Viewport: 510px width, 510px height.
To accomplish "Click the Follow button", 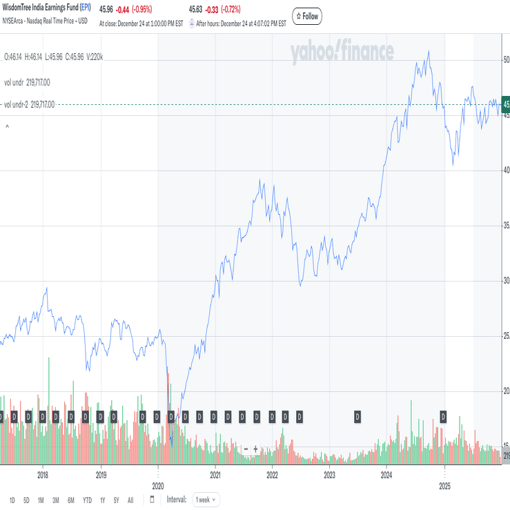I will click(x=307, y=16).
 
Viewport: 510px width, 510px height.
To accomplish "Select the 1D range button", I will click(x=12, y=500).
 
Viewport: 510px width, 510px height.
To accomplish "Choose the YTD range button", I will click(x=87, y=500).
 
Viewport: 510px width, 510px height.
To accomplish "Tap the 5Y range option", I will click(x=116, y=500).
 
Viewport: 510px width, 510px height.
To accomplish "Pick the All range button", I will click(x=130, y=500).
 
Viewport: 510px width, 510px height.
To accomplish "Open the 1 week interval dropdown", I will click(x=205, y=499).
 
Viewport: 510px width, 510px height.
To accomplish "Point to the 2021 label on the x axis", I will click(x=215, y=475).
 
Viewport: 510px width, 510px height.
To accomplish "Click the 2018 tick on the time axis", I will click(x=43, y=475).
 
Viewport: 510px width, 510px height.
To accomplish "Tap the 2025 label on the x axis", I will click(x=444, y=485).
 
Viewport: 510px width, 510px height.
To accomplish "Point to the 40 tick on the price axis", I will click(x=506, y=170).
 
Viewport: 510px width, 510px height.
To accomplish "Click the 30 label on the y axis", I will click(x=506, y=280).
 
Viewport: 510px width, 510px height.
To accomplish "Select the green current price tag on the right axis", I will click(x=506, y=105).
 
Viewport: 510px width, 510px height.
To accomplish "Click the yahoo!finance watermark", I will click(x=342, y=52).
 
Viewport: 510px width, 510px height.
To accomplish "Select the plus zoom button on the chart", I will click(x=255, y=449).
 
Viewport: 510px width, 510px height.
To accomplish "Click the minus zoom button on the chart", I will click(x=246, y=449).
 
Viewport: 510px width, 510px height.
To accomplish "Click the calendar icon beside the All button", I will click(x=152, y=500).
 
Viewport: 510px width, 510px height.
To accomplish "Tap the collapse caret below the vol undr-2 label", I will click(x=7, y=127).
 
